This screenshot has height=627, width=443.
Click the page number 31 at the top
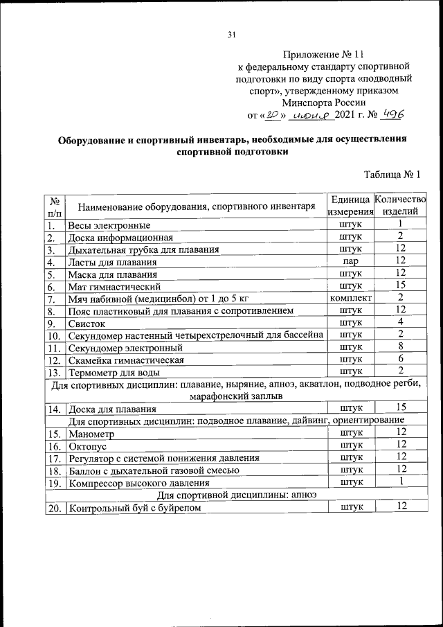tap(231, 35)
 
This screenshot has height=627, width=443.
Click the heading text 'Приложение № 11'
tap(324, 54)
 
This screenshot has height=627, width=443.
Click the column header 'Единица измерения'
tap(351, 205)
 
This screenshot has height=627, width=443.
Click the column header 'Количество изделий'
tap(400, 205)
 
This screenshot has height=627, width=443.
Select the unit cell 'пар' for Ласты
tap(351, 261)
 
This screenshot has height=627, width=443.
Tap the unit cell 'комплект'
tap(351, 298)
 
